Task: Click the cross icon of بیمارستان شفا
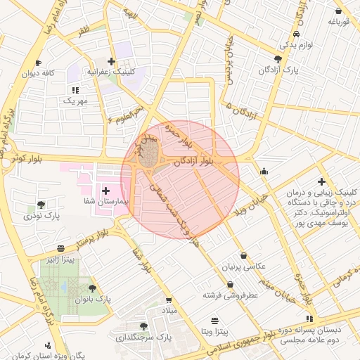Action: (x=106, y=191)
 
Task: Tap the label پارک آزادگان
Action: (x=279, y=70)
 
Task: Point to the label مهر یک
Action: (x=74, y=101)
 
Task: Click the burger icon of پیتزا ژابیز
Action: (x=60, y=248)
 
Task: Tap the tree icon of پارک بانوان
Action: (x=93, y=288)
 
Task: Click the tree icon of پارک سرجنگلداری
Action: (x=143, y=326)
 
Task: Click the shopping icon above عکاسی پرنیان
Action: (x=243, y=256)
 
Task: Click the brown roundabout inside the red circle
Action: (x=148, y=157)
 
